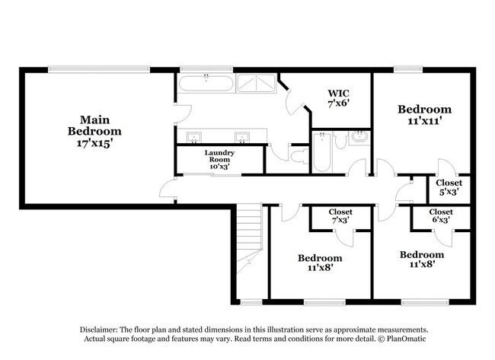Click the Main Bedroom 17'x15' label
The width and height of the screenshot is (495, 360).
pos(97,130)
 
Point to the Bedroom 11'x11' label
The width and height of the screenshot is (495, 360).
pos(424,115)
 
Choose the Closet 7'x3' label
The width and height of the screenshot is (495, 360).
pos(340,216)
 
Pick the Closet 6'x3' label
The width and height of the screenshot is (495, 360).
pos(441,216)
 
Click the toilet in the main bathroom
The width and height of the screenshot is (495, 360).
pos(299,157)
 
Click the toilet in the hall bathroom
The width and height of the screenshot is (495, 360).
pos(340,139)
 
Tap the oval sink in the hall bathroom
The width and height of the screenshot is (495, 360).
pos(359,138)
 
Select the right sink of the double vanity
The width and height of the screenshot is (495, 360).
pos(243,138)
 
